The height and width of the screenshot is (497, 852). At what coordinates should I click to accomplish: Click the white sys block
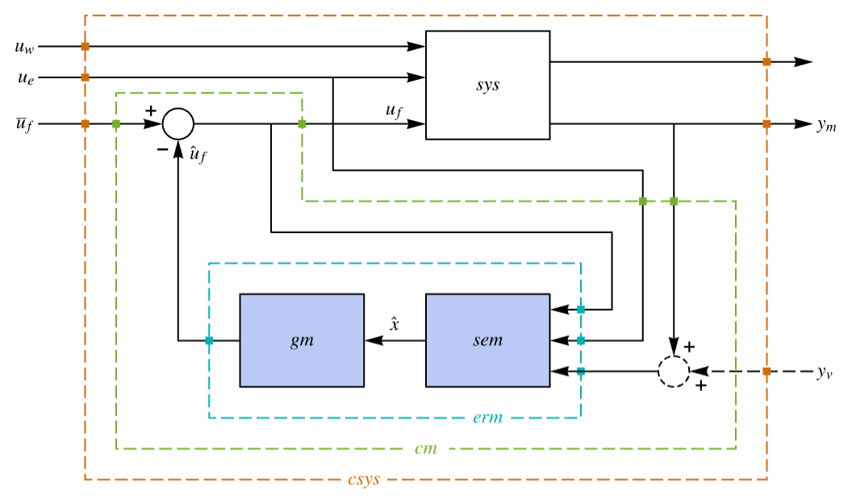[x=487, y=85]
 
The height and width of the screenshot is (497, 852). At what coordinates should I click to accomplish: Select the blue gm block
[x=302, y=340]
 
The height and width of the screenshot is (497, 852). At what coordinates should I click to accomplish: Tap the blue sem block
[x=487, y=340]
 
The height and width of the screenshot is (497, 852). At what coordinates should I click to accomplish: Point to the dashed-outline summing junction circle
[x=674, y=357]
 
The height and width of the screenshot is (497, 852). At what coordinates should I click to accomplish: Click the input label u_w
[x=24, y=48]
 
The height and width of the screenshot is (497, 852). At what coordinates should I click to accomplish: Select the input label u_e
[x=26, y=78]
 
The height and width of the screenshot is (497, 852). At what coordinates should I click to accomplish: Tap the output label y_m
[x=826, y=125]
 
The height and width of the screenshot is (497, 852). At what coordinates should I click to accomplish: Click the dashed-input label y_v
[x=825, y=372]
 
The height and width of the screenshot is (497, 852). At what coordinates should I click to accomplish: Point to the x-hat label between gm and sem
[x=395, y=324]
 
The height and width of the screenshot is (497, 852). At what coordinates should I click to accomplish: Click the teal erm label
[x=487, y=417]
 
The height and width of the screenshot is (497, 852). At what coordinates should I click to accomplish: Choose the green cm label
[x=425, y=449]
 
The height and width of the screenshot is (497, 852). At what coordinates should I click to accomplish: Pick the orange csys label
[x=364, y=479]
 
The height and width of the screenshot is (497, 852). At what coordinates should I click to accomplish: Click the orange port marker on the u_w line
[x=86, y=47]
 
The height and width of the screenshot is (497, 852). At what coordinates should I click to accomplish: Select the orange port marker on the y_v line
[x=766, y=371]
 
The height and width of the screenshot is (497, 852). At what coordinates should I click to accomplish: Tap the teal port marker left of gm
[x=209, y=340]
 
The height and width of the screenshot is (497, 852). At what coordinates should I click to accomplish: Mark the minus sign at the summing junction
[x=162, y=149]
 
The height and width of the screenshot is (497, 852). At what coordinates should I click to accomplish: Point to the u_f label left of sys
[x=394, y=111]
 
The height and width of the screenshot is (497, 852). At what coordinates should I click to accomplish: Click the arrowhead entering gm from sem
[x=374, y=340]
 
